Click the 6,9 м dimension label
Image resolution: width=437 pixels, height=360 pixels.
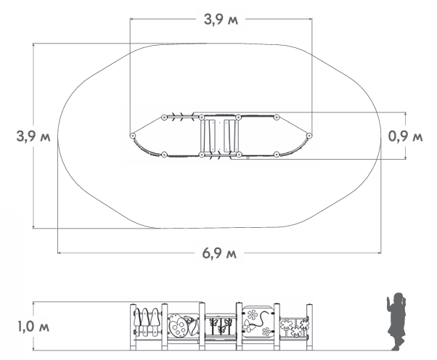click(x=219, y=253)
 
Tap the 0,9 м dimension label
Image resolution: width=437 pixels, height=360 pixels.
click(x=406, y=136)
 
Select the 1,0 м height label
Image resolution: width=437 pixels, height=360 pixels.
click(x=33, y=327)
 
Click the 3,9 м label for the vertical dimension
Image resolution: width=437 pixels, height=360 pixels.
click(x=33, y=136)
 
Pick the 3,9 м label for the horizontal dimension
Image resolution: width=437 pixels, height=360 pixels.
click(x=221, y=20)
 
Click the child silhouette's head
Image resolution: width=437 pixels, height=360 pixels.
click(x=399, y=298)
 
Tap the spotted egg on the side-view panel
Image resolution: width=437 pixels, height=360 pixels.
click(x=177, y=327)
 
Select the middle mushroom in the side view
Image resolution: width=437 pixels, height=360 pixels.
click(x=144, y=318)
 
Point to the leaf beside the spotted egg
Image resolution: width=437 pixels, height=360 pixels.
click(x=193, y=326)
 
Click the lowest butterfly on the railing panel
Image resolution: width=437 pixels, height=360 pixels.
click(x=222, y=329)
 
